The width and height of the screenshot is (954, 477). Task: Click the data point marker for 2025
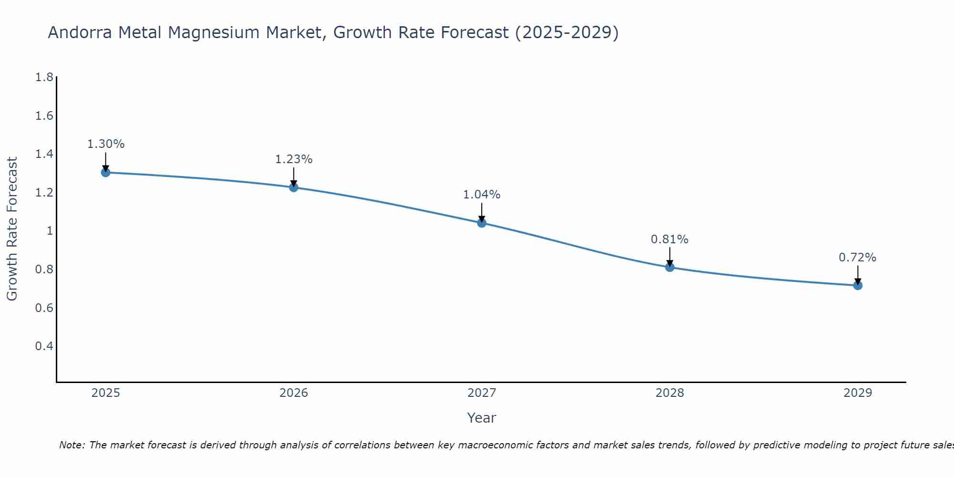106,172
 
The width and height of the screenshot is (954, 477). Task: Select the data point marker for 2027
482,223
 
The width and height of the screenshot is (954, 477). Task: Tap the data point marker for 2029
858,285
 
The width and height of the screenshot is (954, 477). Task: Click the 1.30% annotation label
106,144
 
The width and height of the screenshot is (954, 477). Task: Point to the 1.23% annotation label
294,159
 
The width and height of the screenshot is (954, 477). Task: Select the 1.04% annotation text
482,195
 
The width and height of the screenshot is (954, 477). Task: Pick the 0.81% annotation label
670,239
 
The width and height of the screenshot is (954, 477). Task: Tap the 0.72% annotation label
858,258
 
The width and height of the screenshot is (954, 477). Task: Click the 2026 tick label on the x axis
294,393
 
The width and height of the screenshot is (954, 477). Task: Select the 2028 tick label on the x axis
670,393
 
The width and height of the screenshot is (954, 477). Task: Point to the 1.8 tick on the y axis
44,77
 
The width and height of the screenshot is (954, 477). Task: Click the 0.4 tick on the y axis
44,346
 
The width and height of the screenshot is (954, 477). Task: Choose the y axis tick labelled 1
49,231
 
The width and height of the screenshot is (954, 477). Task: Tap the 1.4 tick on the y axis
44,154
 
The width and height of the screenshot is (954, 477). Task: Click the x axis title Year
482,418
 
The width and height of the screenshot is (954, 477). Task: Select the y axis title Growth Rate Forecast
12,229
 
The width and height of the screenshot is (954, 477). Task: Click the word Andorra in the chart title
80,32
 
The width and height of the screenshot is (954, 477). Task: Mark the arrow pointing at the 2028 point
670,258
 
